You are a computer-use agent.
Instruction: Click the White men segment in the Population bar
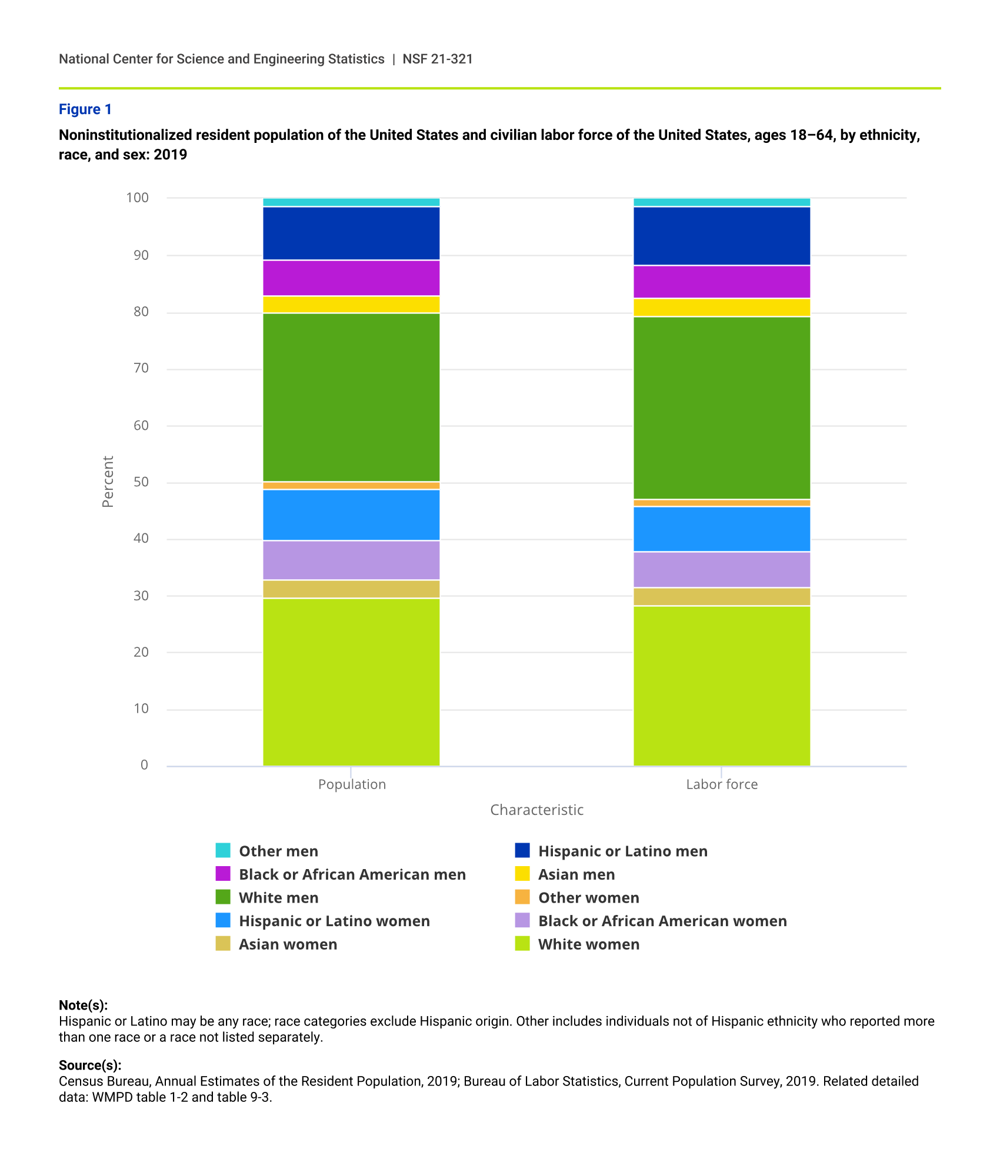[x=351, y=397]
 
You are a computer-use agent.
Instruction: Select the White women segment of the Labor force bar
[x=722, y=685]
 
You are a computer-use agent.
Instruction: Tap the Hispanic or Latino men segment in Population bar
[x=351, y=233]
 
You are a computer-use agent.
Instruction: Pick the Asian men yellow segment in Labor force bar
[x=722, y=308]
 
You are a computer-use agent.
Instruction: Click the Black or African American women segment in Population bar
[x=351, y=560]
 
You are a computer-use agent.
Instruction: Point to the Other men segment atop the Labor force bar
[x=722, y=202]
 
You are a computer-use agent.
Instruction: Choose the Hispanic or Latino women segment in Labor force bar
[x=722, y=529]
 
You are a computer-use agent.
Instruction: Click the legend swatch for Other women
[x=522, y=897]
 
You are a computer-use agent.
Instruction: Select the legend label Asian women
[x=288, y=944]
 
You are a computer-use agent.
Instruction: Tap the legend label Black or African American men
[x=352, y=874]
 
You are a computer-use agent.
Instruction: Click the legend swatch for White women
[x=522, y=944]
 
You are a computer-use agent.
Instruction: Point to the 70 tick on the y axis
[x=141, y=369]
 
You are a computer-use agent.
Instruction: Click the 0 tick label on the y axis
[x=144, y=765]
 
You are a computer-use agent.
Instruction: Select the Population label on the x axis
[x=352, y=784]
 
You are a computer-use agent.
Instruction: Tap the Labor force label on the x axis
[x=722, y=784]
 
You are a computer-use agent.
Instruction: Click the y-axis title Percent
[x=108, y=482]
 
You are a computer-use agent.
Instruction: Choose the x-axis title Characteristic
[x=536, y=810]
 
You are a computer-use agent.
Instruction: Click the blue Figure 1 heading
[x=85, y=109]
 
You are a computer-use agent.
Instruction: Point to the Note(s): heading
[x=83, y=1005]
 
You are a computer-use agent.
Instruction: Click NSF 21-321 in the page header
[x=437, y=59]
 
